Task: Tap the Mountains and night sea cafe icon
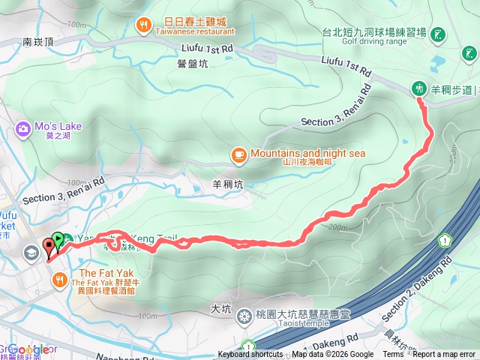point(239,155)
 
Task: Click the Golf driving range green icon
point(438,34)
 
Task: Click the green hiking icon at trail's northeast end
point(419,88)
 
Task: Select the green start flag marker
point(58,241)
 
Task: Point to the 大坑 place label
point(220,307)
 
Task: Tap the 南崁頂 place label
point(37,43)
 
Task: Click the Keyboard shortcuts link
point(250,355)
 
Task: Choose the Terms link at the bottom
point(393,355)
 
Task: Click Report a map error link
point(444,355)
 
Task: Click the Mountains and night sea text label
point(307,153)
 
